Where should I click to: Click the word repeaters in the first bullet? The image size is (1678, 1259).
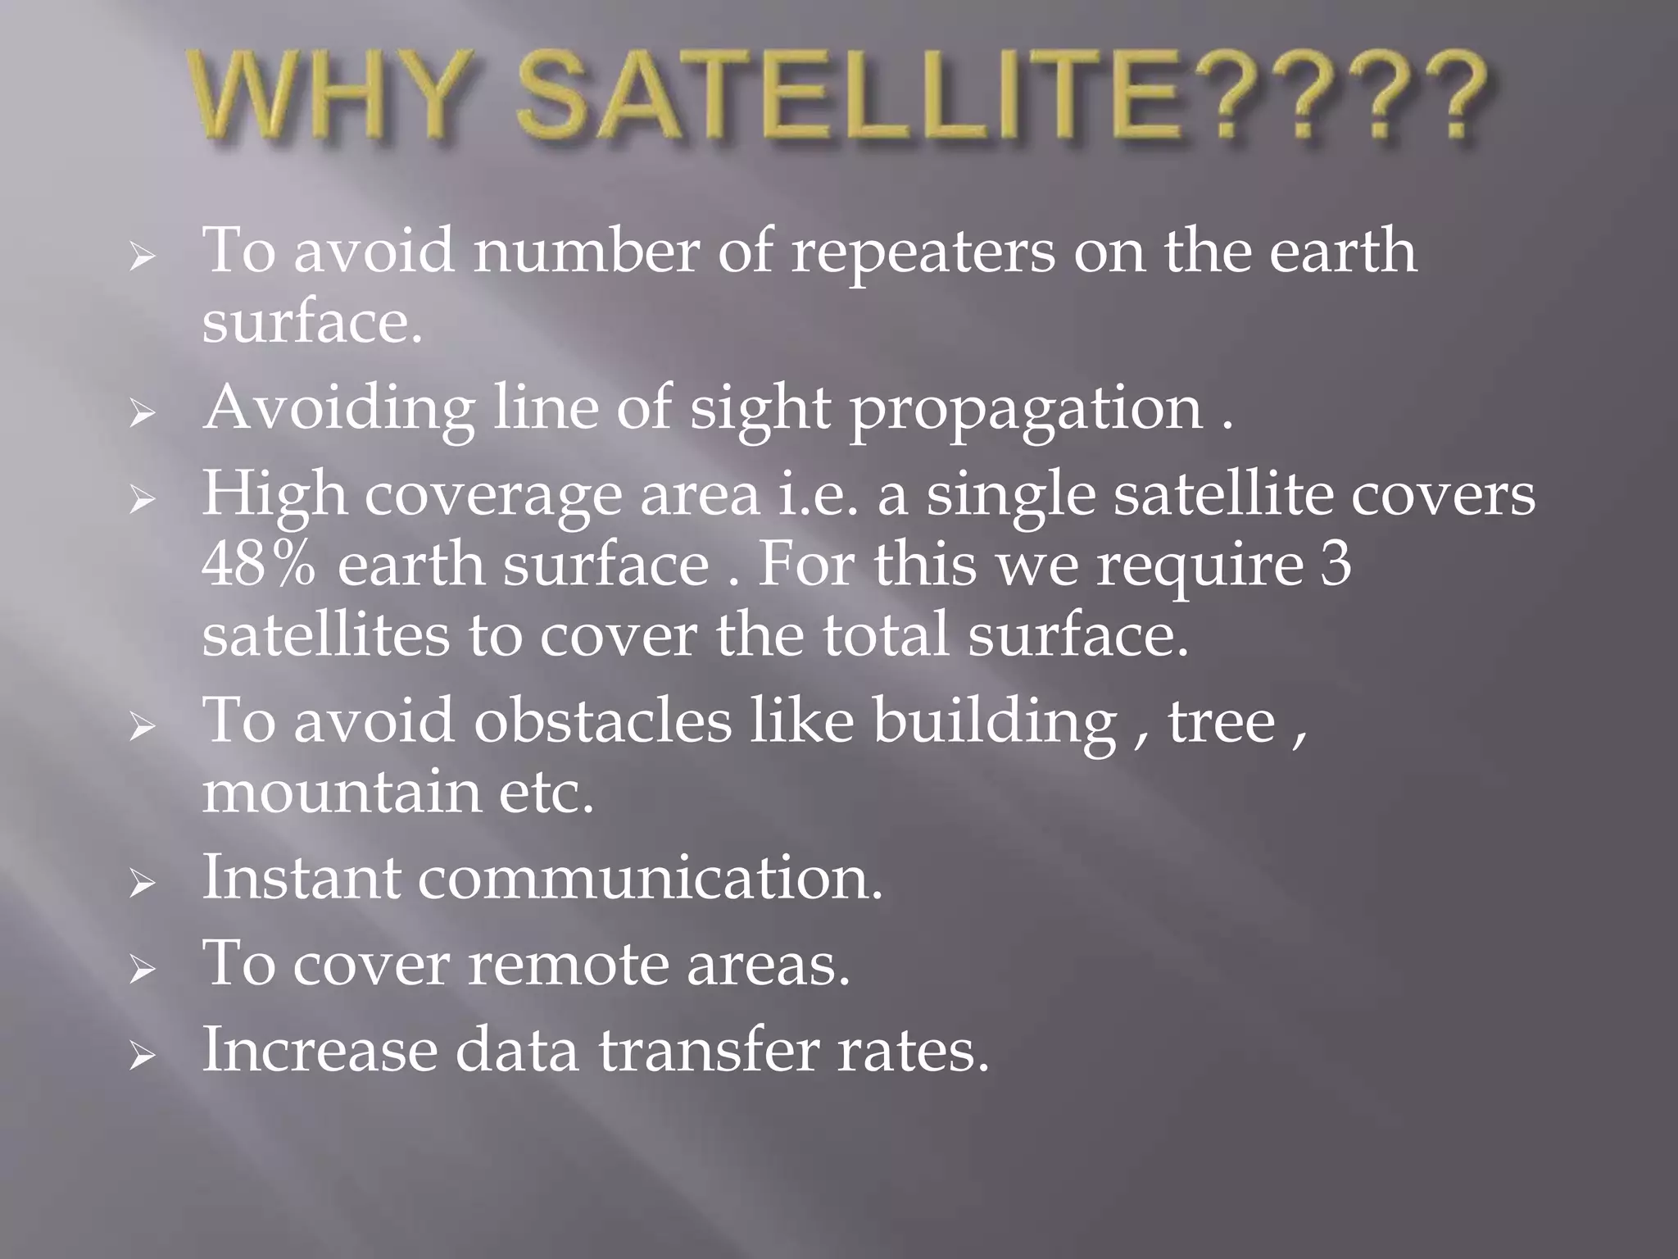tap(923, 252)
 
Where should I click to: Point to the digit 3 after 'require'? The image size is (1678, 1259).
tap(1336, 565)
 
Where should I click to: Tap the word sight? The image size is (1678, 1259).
tap(759, 407)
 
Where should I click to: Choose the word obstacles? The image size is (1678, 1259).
tap(602, 720)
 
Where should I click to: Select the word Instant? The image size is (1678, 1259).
tap(302, 878)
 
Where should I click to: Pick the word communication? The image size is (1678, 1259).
tap(651, 878)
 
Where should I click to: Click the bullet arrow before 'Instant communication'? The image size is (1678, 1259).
tap(142, 884)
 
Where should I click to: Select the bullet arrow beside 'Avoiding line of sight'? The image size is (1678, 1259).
tap(142, 413)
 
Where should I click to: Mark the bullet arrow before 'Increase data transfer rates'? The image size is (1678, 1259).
tap(142, 1056)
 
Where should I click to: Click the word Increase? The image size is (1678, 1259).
tap(320, 1050)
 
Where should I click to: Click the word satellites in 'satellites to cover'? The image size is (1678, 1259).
tap(325, 637)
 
